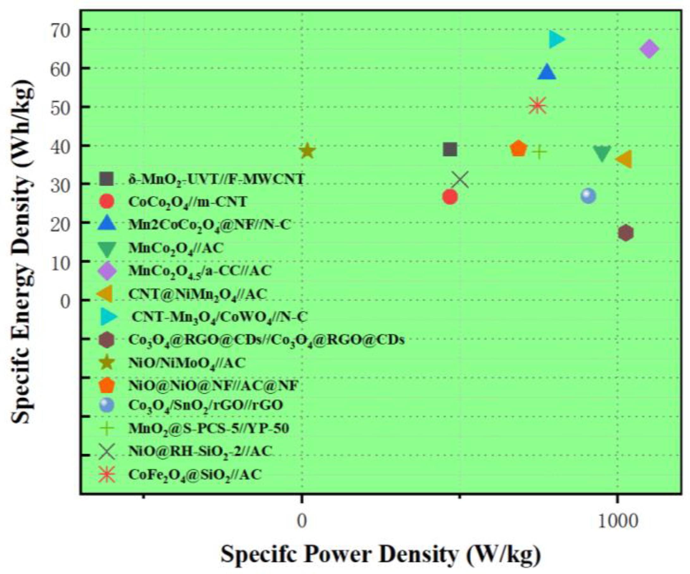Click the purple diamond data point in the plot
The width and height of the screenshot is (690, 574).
(x=649, y=49)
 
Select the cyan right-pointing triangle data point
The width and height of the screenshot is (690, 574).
(x=556, y=40)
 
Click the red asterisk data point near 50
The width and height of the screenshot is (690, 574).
(x=538, y=105)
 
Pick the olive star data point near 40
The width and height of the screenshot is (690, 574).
(x=307, y=151)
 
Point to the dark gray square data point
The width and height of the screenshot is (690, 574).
(x=450, y=149)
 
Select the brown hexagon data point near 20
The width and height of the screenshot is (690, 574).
(x=625, y=233)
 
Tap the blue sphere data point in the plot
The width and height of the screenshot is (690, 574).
(x=588, y=196)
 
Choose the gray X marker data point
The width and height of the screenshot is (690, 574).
(x=460, y=180)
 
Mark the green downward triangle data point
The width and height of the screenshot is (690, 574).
(x=602, y=153)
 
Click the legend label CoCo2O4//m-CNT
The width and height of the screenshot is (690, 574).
(x=187, y=202)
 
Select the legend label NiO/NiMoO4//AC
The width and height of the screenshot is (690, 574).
(x=187, y=363)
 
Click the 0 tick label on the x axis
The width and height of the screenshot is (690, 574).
(x=302, y=521)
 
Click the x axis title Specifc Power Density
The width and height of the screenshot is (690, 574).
(x=381, y=555)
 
